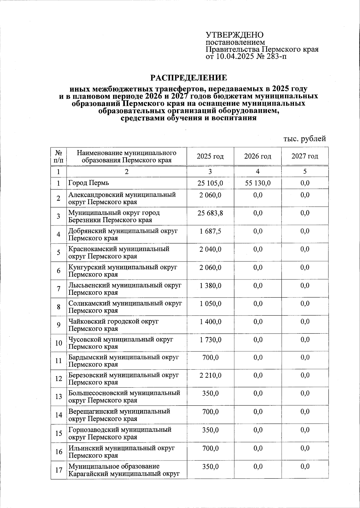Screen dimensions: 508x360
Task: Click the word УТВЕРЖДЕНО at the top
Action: (235, 35)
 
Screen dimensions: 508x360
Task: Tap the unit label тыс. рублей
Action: (304, 139)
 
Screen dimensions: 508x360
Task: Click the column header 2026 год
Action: (258, 156)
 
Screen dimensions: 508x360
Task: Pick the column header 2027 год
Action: (305, 156)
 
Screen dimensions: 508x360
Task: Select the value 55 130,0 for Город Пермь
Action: (258, 183)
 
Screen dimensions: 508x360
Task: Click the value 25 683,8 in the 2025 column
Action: (210, 213)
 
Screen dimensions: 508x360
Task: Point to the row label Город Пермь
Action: (89, 183)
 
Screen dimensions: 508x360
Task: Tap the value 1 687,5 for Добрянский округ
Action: (210, 231)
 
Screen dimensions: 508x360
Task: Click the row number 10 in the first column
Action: (58, 343)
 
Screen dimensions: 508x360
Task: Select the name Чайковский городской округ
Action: (113, 321)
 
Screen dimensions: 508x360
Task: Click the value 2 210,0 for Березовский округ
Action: (210, 375)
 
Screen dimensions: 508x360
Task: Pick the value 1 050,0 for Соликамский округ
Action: (210, 304)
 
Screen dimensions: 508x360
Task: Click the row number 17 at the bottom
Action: (58, 470)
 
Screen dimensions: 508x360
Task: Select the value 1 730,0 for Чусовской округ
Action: (210, 339)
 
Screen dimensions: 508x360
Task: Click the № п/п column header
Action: (58, 156)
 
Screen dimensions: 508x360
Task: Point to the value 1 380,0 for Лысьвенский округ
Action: (210, 285)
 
